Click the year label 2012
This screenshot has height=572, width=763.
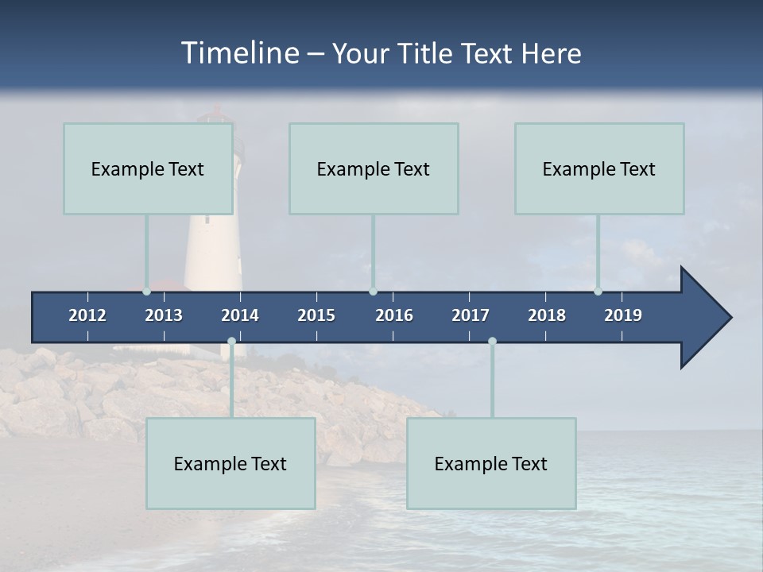[87, 315]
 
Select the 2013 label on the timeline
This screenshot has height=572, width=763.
[164, 315]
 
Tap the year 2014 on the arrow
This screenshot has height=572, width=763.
[240, 315]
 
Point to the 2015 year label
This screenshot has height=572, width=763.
[316, 315]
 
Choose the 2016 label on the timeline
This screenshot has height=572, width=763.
[394, 315]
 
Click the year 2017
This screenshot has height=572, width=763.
[471, 315]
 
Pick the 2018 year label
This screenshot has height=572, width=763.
[547, 315]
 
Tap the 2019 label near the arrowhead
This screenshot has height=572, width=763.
[623, 315]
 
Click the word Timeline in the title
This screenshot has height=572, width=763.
[239, 53]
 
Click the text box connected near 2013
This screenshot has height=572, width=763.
[148, 168]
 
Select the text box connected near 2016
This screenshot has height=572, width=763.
[374, 168]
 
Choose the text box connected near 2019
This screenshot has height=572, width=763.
[599, 168]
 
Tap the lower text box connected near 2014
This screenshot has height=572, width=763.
[230, 463]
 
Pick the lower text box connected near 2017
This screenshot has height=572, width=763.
[491, 463]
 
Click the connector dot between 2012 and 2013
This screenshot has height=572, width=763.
[147, 291]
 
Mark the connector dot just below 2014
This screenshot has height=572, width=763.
[231, 342]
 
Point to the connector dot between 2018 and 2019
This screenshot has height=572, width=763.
[598, 291]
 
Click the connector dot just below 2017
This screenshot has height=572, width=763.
[492, 342]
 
